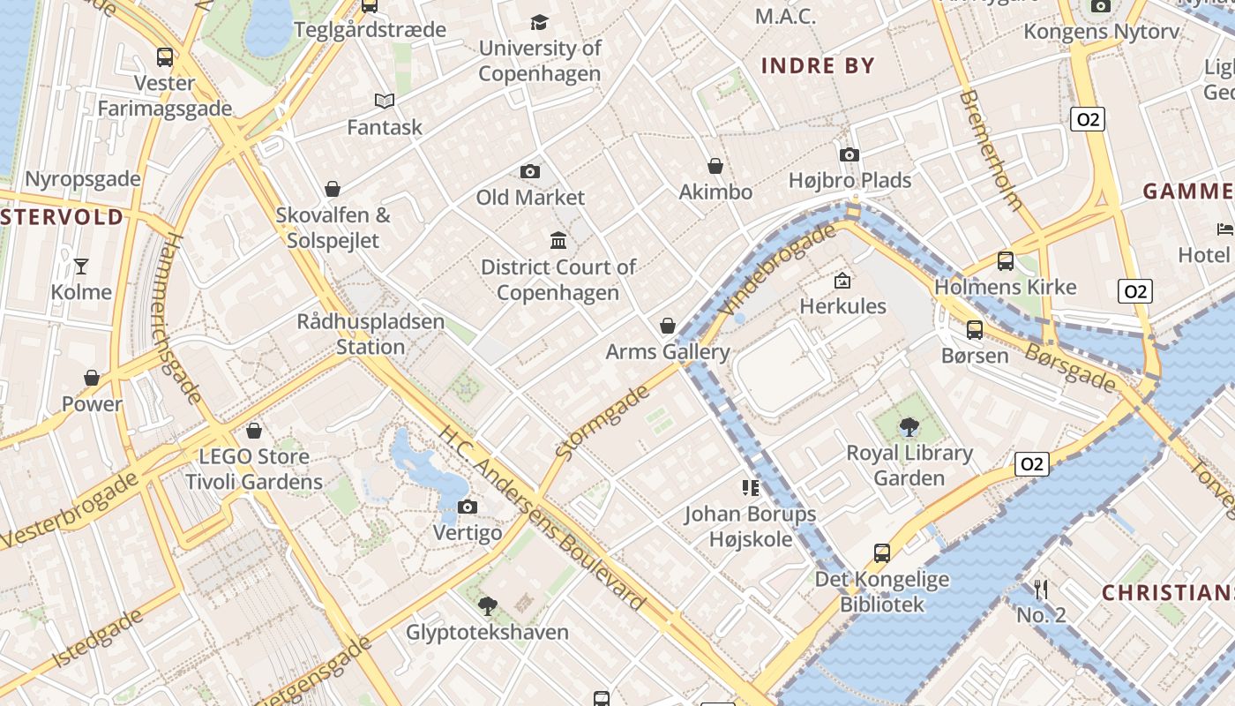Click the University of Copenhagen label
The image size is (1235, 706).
(540, 61)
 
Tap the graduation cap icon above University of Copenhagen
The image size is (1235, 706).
(539, 22)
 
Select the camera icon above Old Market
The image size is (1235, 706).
(530, 171)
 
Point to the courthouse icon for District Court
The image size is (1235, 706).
(558, 240)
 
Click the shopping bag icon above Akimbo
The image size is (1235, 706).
(715, 166)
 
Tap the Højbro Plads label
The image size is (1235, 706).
(850, 181)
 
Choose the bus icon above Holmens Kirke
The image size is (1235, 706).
(1006, 261)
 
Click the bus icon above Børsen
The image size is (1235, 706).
(975, 330)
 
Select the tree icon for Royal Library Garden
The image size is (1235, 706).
(909, 428)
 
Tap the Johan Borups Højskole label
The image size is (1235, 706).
(751, 526)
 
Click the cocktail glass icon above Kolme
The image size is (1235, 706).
(81, 266)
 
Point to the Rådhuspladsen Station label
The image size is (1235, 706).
(370, 334)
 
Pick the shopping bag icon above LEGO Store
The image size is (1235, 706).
(254, 431)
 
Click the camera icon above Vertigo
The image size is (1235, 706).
(468, 507)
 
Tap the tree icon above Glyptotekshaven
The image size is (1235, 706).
(487, 605)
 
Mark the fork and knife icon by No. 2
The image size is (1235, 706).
(1041, 589)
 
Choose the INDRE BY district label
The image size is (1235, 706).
(818, 65)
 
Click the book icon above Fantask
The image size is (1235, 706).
(385, 101)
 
